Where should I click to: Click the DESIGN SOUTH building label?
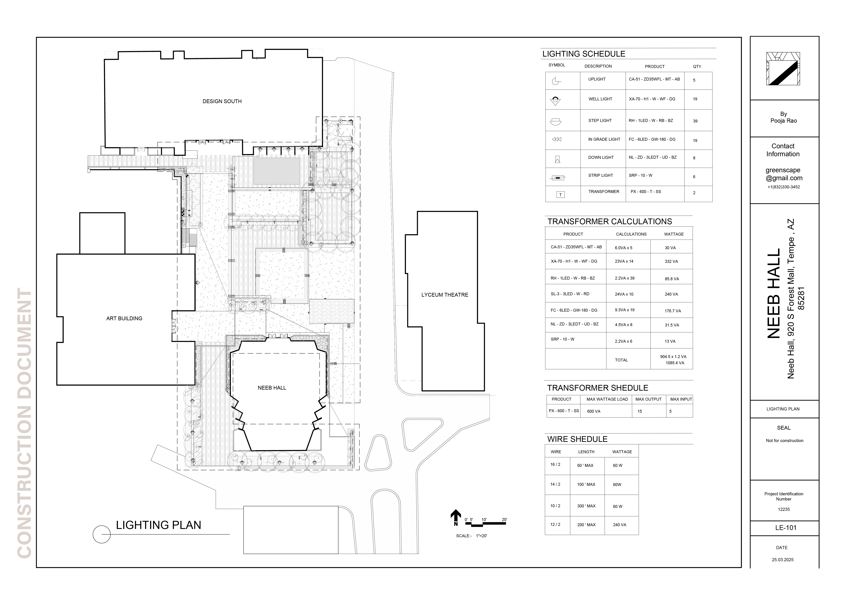(222, 101)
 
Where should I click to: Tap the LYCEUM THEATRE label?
(445, 295)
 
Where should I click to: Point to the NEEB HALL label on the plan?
(272, 388)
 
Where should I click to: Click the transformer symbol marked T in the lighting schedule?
(560, 195)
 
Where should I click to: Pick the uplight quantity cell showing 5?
(694, 80)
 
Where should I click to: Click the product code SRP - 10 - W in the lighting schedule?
(640, 175)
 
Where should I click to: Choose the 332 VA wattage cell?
(671, 261)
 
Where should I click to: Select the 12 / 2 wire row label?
(555, 524)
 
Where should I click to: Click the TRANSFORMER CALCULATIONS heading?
(610, 222)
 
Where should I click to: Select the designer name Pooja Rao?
(783, 121)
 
